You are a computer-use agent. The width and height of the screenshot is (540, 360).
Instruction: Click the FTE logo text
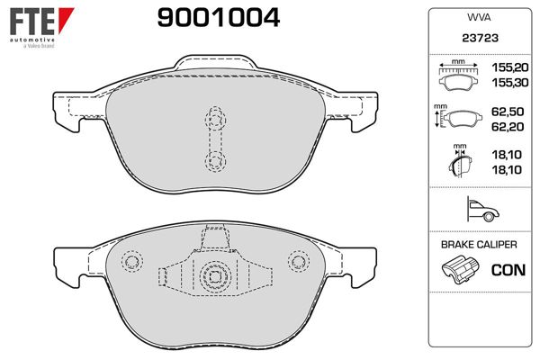(30, 18)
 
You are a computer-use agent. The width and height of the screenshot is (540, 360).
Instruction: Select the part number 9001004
(218, 16)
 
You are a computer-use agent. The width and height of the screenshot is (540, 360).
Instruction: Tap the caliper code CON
(508, 269)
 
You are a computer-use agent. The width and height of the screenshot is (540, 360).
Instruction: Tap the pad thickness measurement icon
(459, 164)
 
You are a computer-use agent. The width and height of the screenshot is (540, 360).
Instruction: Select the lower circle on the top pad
(215, 159)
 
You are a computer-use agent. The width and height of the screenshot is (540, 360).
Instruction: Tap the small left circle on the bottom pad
(132, 262)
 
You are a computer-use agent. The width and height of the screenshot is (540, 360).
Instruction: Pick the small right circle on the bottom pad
(297, 261)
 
